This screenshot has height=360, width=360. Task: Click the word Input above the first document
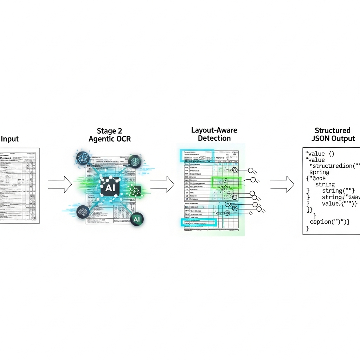(10, 139)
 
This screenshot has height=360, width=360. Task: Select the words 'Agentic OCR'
(109, 139)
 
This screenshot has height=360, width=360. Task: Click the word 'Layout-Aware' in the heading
(214, 130)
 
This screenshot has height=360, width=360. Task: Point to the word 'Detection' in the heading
(214, 138)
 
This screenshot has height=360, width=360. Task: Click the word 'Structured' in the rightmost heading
(333, 131)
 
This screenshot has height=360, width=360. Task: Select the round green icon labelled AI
(136, 219)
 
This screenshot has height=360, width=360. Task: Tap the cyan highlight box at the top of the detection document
(197, 155)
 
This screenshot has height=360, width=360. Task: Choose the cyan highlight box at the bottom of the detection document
(199, 222)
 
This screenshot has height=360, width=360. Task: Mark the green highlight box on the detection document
(225, 183)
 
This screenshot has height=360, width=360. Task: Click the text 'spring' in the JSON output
(319, 172)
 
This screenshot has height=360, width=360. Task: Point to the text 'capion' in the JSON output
(321, 222)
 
